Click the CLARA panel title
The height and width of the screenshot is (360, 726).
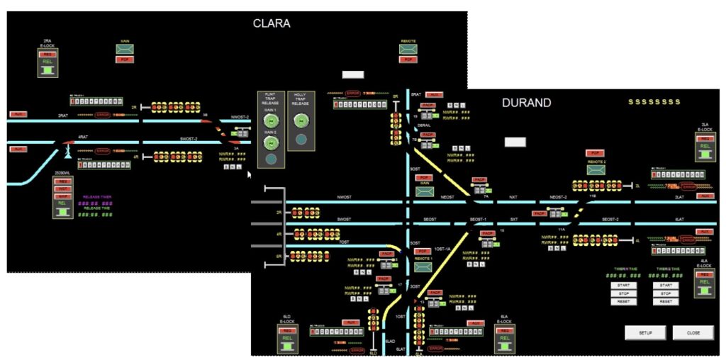pyautogui.click(x=272, y=23)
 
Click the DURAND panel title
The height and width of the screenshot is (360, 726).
pyautogui.click(x=526, y=103)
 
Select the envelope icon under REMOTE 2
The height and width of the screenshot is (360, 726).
pyautogui.click(x=596, y=170)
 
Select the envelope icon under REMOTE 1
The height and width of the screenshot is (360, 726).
pyautogui.click(x=423, y=267)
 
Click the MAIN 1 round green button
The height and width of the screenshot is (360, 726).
pyautogui.click(x=269, y=121)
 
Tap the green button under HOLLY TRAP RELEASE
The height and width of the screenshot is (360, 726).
pyautogui.click(x=301, y=121)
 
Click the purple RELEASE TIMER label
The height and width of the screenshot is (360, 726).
pyautogui.click(x=97, y=197)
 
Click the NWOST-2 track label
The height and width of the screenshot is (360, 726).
pyautogui.click(x=240, y=116)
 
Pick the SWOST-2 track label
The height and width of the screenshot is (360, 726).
pyautogui.click(x=190, y=139)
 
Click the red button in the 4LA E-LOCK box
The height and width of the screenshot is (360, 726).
pyautogui.click(x=704, y=274)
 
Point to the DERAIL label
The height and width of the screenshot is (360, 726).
pyautogui.click(x=424, y=125)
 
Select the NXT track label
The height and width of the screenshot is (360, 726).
pyautogui.click(x=514, y=197)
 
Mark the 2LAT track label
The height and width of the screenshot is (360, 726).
pyautogui.click(x=679, y=197)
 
